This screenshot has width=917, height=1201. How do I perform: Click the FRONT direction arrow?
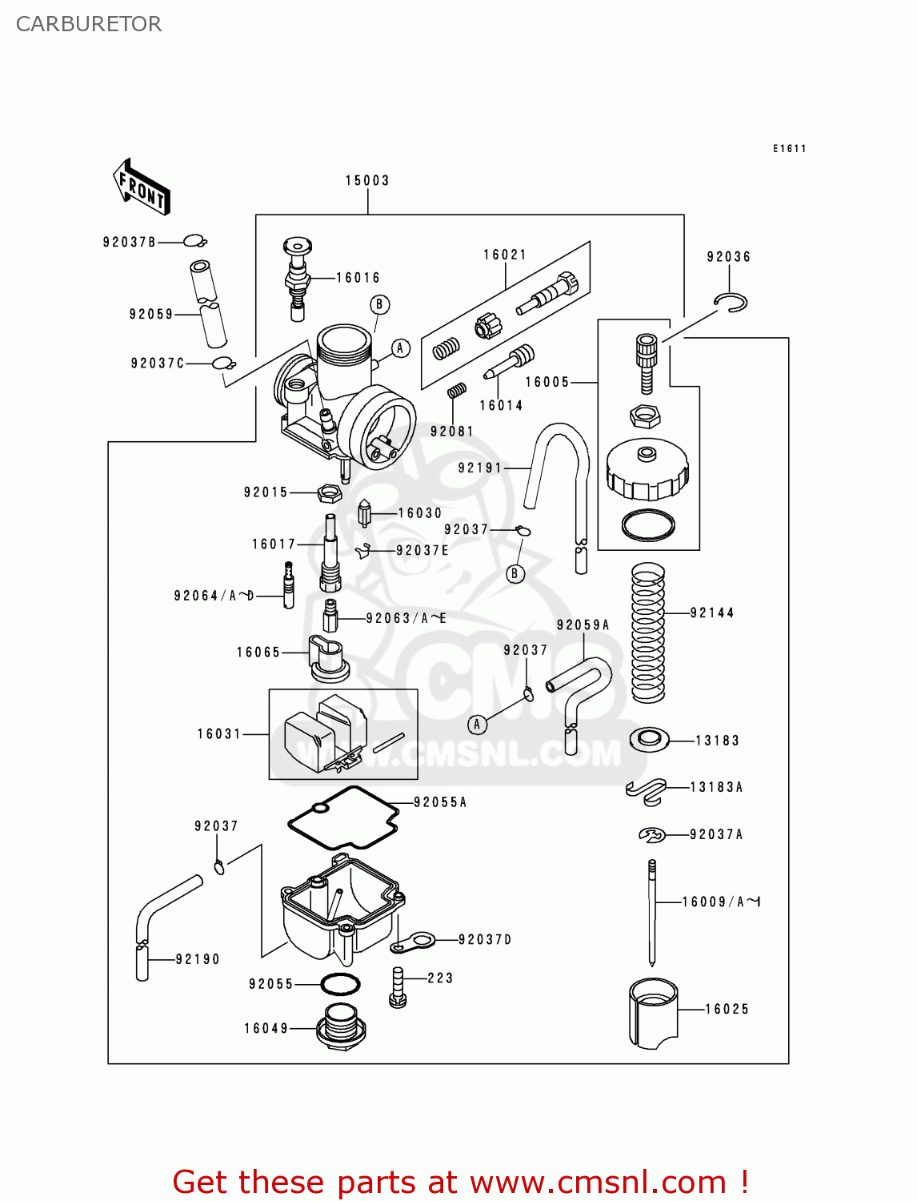click(x=142, y=186)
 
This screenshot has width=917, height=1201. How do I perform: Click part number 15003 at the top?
click(x=367, y=181)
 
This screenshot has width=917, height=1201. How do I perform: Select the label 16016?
click(x=358, y=278)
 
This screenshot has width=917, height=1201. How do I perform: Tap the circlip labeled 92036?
click(x=731, y=303)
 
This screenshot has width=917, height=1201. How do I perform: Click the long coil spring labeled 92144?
click(x=648, y=633)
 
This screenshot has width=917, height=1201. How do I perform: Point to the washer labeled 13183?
click(x=649, y=739)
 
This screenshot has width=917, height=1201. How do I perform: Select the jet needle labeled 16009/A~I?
click(x=652, y=913)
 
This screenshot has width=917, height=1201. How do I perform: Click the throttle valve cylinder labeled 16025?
click(x=653, y=1013)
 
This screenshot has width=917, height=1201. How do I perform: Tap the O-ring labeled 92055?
click(x=340, y=983)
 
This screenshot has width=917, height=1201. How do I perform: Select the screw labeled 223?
click(x=398, y=986)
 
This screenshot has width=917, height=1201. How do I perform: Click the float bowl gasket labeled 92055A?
click(x=344, y=817)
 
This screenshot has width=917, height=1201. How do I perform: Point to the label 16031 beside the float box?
click(x=219, y=733)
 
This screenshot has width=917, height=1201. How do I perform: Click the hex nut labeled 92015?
click(x=329, y=492)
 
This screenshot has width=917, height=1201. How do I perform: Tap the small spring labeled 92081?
click(x=457, y=391)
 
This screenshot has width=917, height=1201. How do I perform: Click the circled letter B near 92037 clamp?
click(x=515, y=573)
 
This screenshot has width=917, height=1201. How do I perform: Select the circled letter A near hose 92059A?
click(x=477, y=725)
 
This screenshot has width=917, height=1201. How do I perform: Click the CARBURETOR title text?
click(x=89, y=24)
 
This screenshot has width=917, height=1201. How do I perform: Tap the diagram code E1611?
click(x=789, y=149)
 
